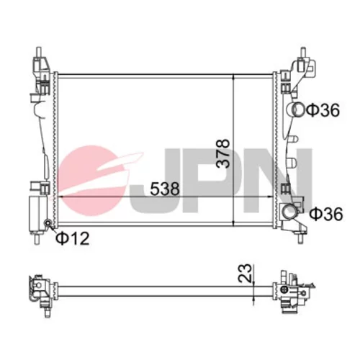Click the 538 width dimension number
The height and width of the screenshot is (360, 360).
pyautogui.click(x=165, y=189)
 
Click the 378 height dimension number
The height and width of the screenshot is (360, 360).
pyautogui.click(x=222, y=153)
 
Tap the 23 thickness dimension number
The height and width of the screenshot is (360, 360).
pyautogui.click(x=246, y=273)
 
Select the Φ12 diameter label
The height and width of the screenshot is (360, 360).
pyautogui.click(x=73, y=238)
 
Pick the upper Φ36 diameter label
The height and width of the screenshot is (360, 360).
pyautogui.click(x=323, y=110)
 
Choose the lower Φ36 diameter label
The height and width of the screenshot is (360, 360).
pyautogui.click(x=326, y=214)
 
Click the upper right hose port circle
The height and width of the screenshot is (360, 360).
pyautogui.click(x=298, y=109)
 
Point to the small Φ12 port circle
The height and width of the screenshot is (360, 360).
pyautogui.click(x=48, y=223)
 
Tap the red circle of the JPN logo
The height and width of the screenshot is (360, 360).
pyautogui.click(x=92, y=181)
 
